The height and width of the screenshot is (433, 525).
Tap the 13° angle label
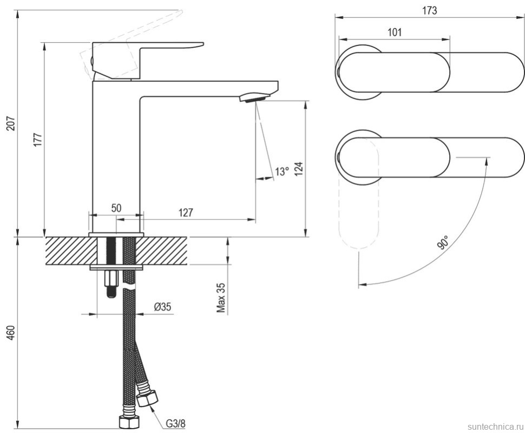click(281, 172)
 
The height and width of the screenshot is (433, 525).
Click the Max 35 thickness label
click(221, 298)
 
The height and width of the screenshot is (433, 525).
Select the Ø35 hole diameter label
click(162, 307)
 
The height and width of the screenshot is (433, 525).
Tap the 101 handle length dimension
click(395, 32)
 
